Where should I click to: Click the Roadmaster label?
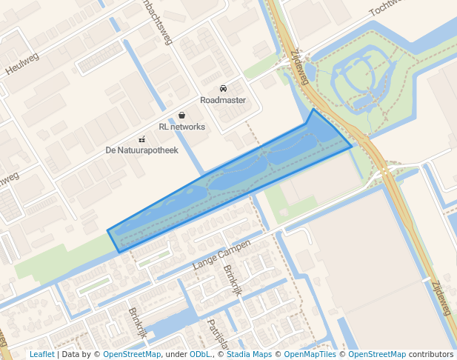223,100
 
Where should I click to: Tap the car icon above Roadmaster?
223,88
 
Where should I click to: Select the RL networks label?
181,127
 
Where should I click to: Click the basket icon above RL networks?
181,116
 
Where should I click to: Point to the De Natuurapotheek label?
142,150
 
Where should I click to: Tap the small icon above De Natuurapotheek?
141,139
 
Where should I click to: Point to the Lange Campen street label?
222,253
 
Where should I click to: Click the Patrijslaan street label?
219,334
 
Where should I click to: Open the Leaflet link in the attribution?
41,354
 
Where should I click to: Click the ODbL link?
199,354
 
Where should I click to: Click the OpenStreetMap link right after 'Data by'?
132,354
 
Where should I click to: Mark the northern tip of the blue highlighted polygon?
313,110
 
